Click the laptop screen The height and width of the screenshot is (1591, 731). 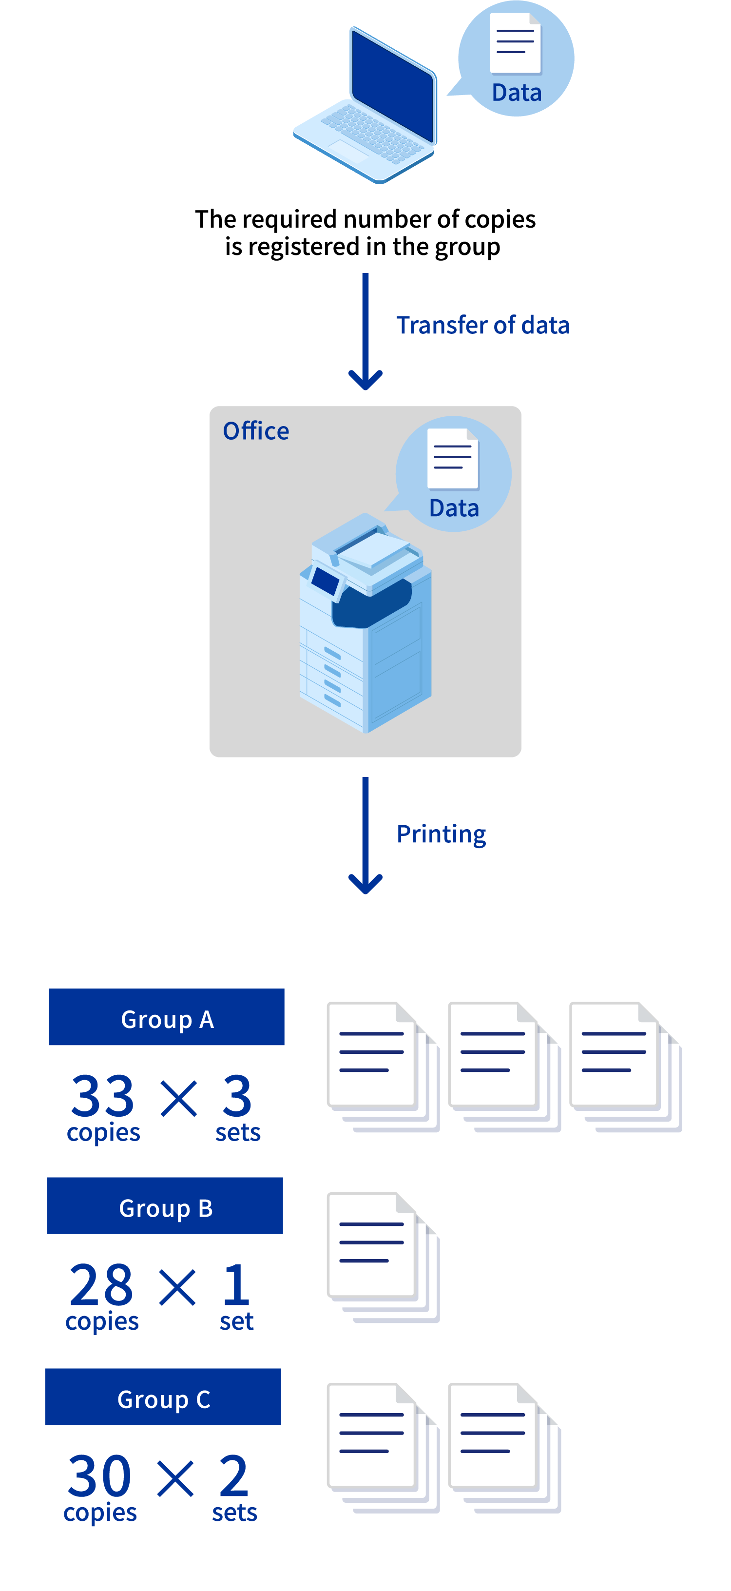point(393,84)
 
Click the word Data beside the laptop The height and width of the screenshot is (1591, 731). point(516,93)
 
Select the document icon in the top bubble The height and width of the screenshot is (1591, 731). point(515,43)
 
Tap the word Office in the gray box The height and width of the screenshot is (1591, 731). point(255,431)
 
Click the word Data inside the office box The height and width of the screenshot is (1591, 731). point(454,508)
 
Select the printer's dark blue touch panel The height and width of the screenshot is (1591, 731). point(326,580)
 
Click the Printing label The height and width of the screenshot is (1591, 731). point(441,834)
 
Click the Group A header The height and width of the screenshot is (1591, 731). point(167,1017)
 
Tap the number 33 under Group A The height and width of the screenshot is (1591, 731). point(102,1096)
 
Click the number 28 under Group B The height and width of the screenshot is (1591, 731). point(101,1285)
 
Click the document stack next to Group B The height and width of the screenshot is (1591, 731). point(383,1258)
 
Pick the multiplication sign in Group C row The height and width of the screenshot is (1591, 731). point(176,1478)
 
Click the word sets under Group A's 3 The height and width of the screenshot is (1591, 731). point(238,1133)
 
